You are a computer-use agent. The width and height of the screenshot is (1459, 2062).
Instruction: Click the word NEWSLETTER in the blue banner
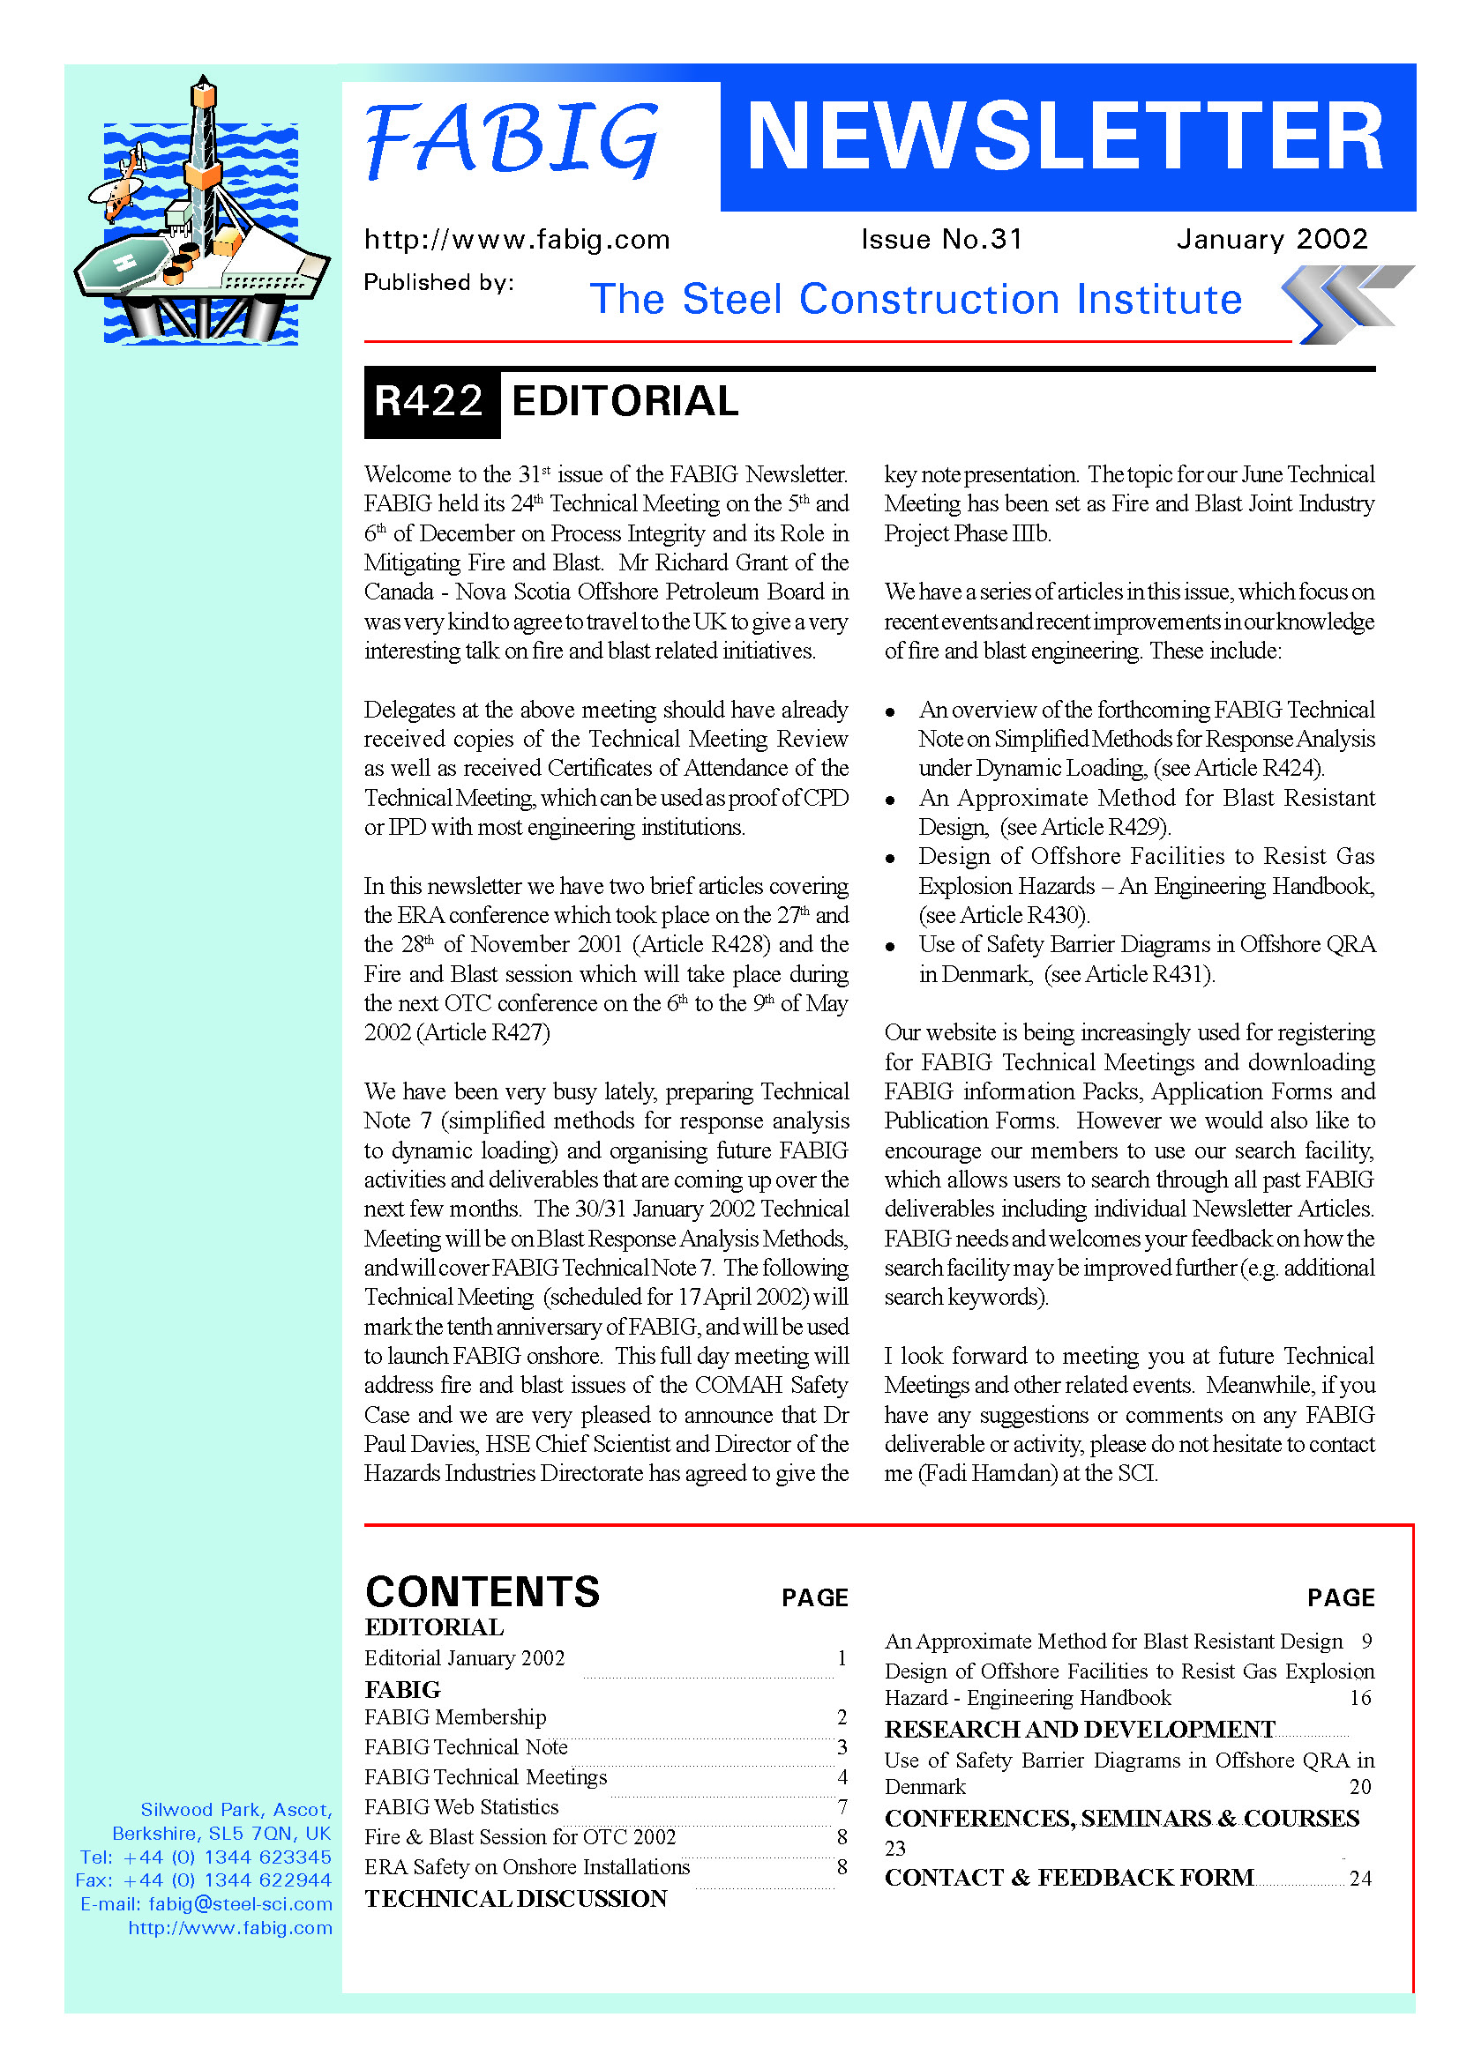tap(1066, 137)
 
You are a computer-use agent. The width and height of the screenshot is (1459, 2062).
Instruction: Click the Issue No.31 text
tap(940, 239)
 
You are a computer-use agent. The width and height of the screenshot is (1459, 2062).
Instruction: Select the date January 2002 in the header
tap(1271, 239)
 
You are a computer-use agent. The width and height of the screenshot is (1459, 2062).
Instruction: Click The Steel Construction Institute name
tap(916, 299)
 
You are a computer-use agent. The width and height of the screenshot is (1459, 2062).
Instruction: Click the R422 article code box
tap(430, 401)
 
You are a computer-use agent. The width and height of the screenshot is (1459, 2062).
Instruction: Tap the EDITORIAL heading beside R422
tap(625, 401)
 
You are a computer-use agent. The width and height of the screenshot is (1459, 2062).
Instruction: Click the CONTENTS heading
tap(483, 1592)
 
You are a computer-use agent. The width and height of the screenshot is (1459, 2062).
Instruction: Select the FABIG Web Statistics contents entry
tap(461, 1807)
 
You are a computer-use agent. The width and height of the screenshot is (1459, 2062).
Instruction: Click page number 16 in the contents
tap(1359, 1698)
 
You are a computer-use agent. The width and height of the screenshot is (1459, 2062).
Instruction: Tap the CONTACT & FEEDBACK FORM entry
tap(1068, 1878)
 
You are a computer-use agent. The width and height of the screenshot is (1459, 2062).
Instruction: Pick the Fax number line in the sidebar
tap(204, 1880)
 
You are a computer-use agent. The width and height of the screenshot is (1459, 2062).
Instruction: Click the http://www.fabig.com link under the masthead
tap(517, 240)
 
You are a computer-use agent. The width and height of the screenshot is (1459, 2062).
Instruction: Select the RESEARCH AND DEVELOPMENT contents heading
tap(1079, 1730)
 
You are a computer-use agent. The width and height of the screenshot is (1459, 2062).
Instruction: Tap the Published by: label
tap(438, 283)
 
